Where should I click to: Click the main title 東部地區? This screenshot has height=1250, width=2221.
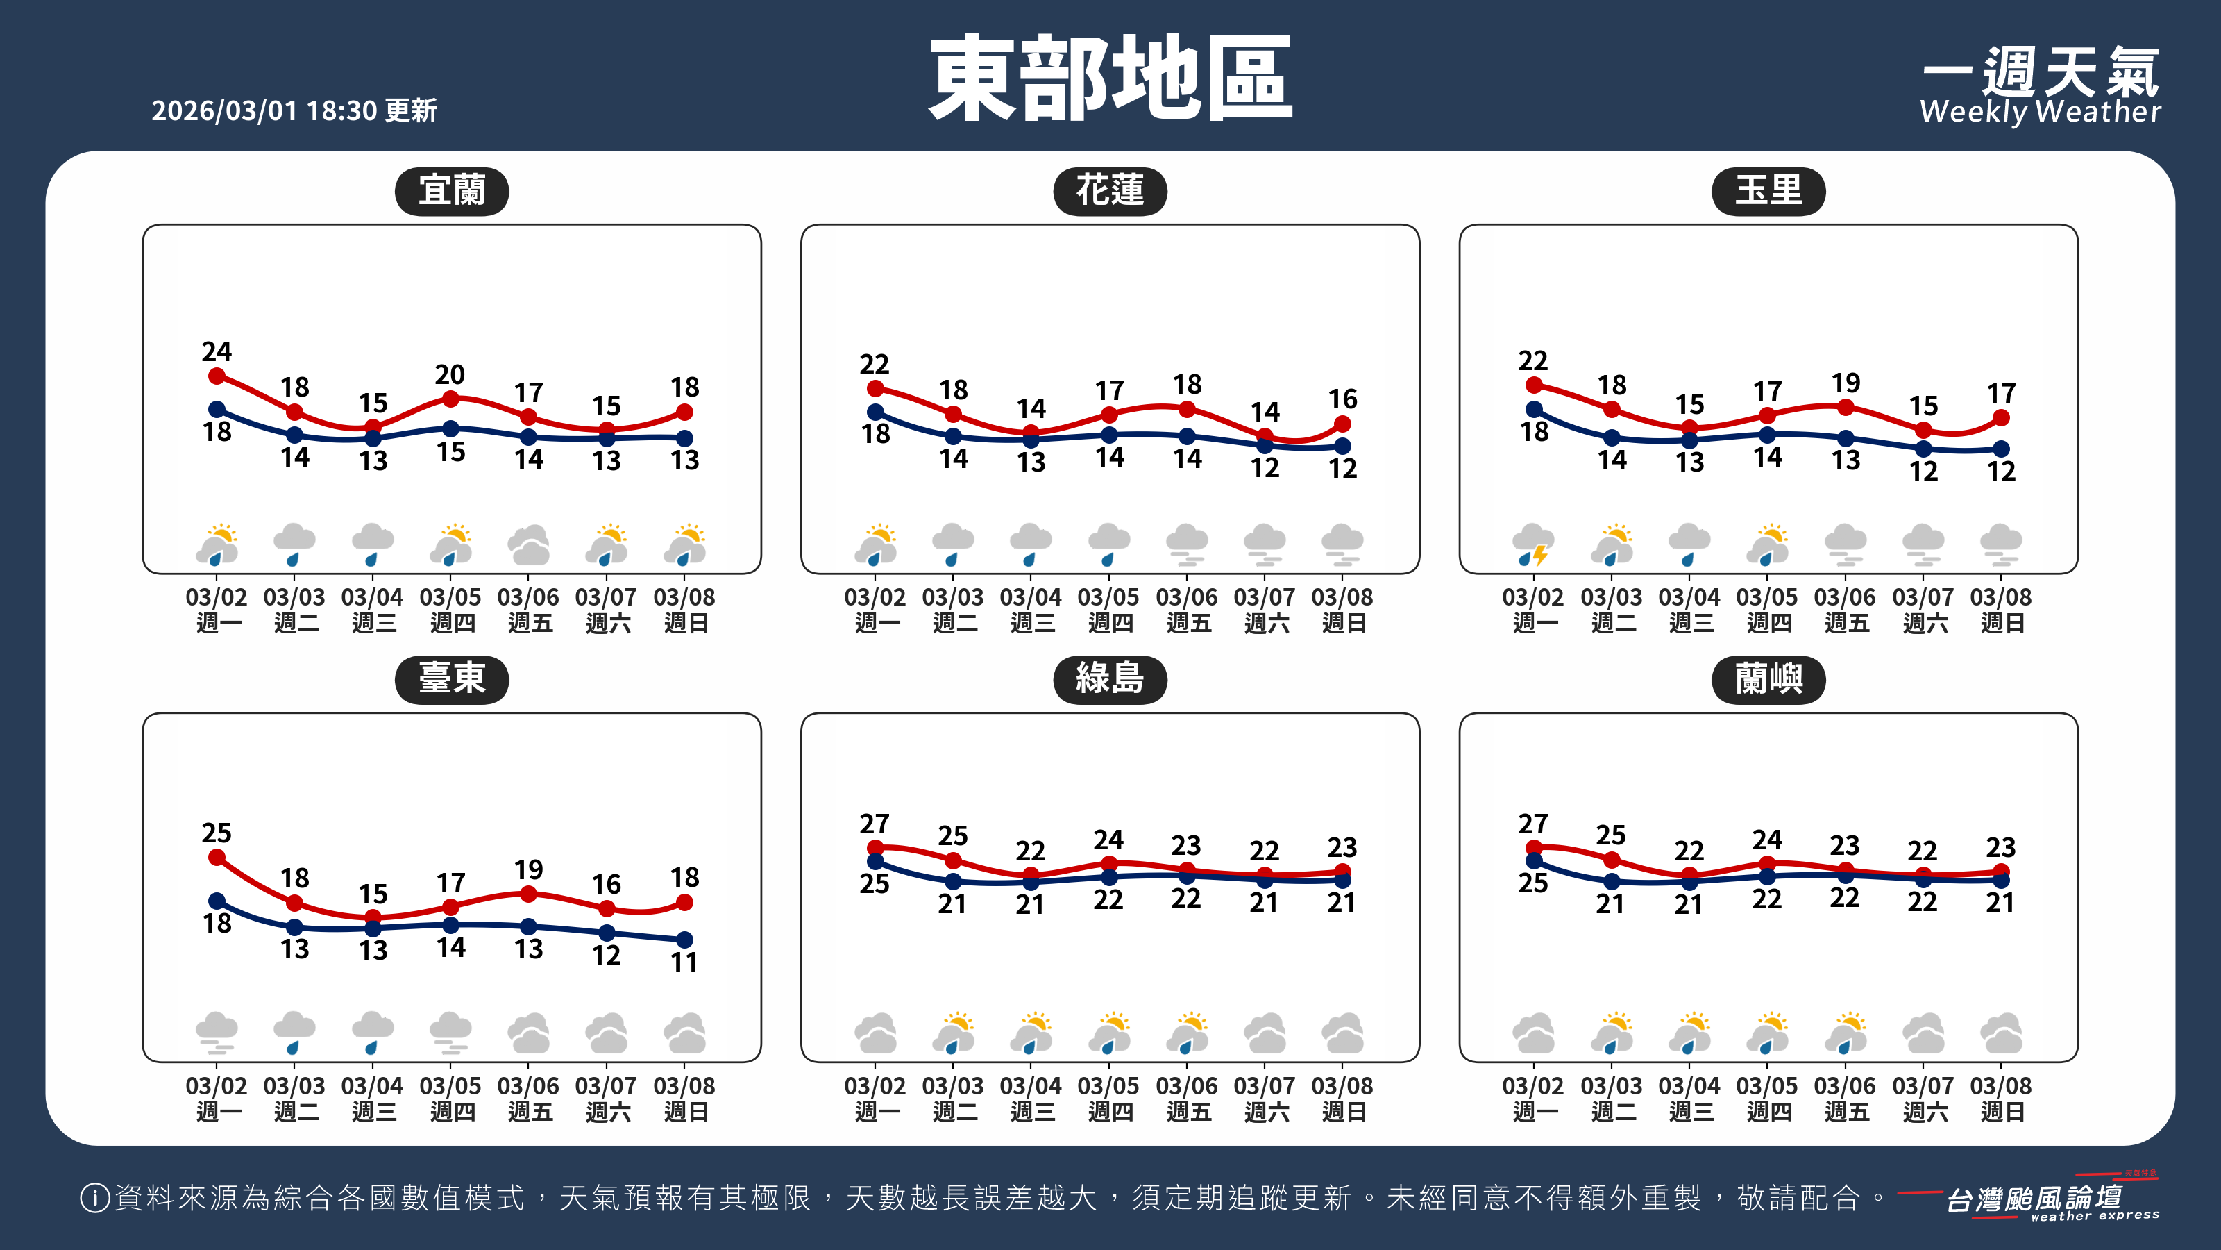(x=1110, y=79)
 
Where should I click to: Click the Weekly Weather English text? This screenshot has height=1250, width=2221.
(x=2040, y=111)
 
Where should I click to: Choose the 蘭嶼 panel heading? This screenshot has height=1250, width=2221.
(x=1768, y=680)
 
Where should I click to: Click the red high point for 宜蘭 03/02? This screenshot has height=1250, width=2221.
(x=217, y=376)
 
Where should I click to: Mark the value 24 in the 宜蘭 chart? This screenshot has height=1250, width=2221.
(x=217, y=351)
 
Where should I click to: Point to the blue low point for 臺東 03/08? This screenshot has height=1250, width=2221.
(x=684, y=940)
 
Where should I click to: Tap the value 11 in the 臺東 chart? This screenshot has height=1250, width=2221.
(x=684, y=962)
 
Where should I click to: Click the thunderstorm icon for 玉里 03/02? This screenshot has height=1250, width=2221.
(x=1533, y=545)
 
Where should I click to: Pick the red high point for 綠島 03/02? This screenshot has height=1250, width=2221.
(x=875, y=848)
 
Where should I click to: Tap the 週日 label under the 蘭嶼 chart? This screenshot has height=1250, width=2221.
(x=2001, y=1112)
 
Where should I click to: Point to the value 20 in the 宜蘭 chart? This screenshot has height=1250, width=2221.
(x=450, y=374)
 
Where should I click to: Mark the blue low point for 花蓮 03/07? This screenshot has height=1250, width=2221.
(x=1265, y=446)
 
